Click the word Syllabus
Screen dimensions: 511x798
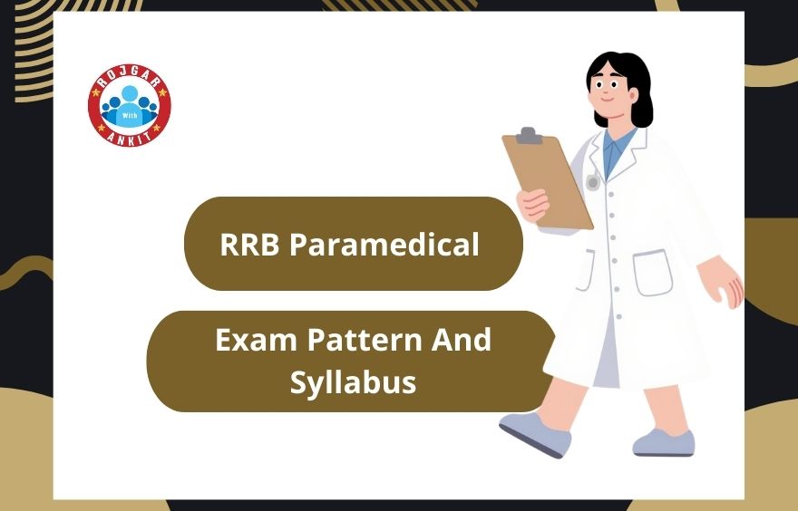point(353,381)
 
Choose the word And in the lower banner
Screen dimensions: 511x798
point(462,341)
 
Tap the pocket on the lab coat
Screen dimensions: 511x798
point(653,272)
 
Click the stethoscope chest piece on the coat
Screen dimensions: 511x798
point(593,182)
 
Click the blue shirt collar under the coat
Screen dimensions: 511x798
point(618,146)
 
